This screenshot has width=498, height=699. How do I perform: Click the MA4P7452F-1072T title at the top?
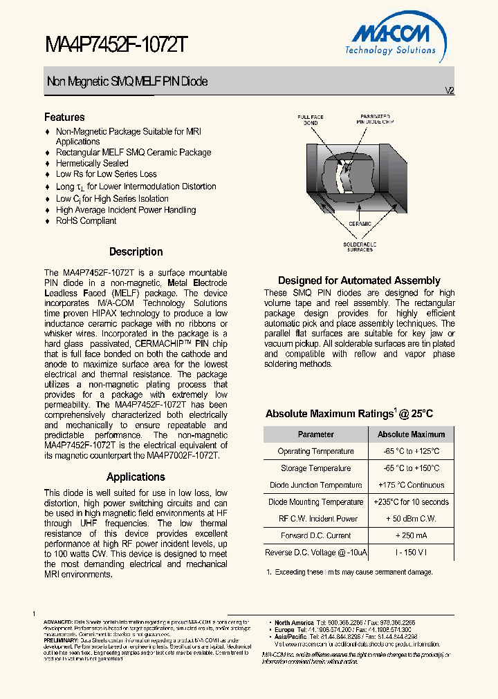pos(116,46)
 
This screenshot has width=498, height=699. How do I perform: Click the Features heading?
pos(64,117)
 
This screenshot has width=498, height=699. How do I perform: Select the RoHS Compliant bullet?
pos(86,221)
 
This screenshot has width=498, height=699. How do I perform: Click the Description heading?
pos(136,252)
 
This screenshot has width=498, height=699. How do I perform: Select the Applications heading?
pos(136,477)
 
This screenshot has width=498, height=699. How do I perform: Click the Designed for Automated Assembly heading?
pos(359,280)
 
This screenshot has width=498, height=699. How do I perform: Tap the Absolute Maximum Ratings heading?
pos(349,414)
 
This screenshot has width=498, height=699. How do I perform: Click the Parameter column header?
pos(315,434)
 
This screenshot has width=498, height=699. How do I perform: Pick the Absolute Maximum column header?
pos(411,434)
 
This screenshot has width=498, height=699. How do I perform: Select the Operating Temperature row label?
pos(315,451)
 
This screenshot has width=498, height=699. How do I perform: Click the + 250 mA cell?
pos(411,535)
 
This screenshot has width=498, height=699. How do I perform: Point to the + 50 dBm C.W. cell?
pos(411,519)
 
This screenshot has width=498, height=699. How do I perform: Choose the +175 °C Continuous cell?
pos(411,485)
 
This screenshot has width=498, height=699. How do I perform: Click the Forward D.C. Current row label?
pos(315,535)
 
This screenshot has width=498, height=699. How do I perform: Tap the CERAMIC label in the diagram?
pos(359,224)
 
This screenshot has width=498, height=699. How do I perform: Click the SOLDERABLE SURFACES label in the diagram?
pos(359,247)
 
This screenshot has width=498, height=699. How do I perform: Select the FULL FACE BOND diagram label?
pos(311,119)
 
